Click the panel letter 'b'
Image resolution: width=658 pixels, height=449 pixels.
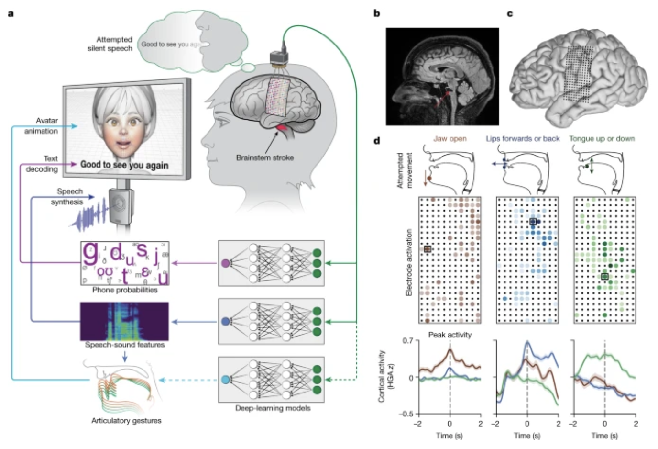pyautogui.click(x=377, y=13)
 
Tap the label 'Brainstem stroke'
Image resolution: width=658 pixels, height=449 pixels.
pyautogui.click(x=264, y=157)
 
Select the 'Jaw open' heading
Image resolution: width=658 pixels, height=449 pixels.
pyautogui.click(x=450, y=139)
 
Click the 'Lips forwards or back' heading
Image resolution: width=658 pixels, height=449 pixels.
pyautogui.click(x=523, y=139)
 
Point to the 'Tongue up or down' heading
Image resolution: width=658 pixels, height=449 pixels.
pyautogui.click(x=602, y=139)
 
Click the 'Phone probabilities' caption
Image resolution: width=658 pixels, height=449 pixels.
pyautogui.click(x=125, y=290)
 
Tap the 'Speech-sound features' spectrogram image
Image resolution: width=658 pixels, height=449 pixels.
pyautogui.click(x=124, y=321)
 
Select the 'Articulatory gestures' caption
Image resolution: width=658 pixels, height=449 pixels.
pyautogui.click(x=126, y=421)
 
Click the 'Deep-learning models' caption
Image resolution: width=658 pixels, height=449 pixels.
pyautogui.click(x=273, y=408)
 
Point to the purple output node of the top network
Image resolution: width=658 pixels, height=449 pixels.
pyautogui.click(x=226, y=263)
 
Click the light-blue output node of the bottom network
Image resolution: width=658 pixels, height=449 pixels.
pyautogui.click(x=226, y=380)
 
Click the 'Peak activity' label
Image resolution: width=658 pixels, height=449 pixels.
pyautogui.click(x=450, y=335)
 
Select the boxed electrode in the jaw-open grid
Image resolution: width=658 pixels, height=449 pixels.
pyautogui.click(x=428, y=249)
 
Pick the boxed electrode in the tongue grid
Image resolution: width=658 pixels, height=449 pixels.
pyautogui.click(x=605, y=277)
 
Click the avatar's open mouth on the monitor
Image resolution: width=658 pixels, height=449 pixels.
pyautogui.click(x=124, y=144)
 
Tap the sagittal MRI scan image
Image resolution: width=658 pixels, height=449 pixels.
pyautogui.click(x=442, y=77)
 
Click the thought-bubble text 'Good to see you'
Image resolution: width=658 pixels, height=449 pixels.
pyautogui.click(x=165, y=44)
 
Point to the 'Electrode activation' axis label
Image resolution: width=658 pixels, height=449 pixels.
pyautogui.click(x=409, y=262)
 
